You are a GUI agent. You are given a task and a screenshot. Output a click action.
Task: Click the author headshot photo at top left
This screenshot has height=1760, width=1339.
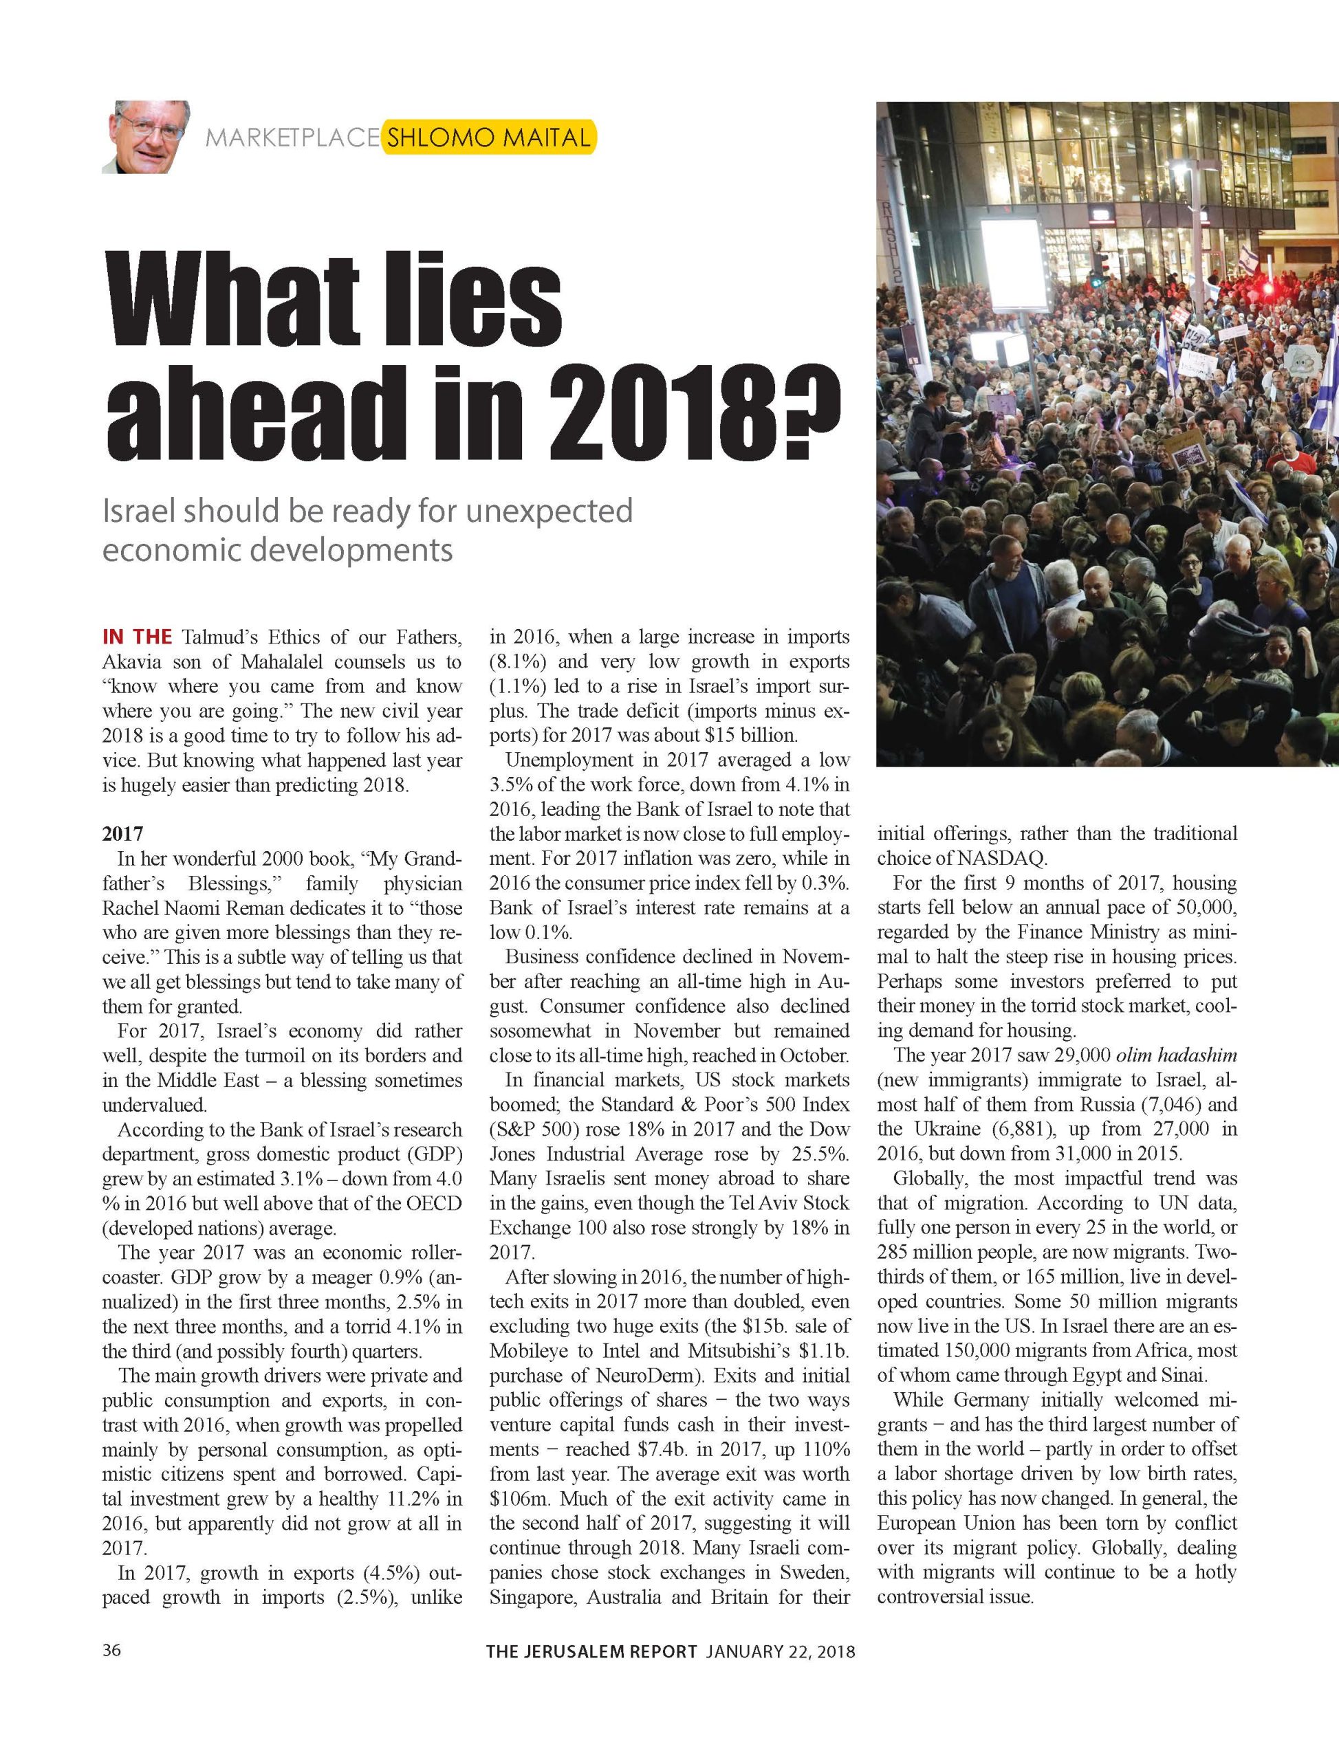click(145, 136)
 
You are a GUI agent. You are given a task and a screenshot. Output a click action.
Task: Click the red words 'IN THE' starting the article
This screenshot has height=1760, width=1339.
click(137, 637)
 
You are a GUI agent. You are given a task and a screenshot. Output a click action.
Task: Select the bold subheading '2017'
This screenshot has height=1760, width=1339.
click(122, 834)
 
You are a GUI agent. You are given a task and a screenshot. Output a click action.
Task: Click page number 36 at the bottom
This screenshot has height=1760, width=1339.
click(111, 1650)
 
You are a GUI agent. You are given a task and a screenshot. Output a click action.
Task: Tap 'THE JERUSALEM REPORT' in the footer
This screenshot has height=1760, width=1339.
click(592, 1651)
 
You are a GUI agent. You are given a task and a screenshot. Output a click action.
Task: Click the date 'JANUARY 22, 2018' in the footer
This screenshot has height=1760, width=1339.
click(781, 1651)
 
